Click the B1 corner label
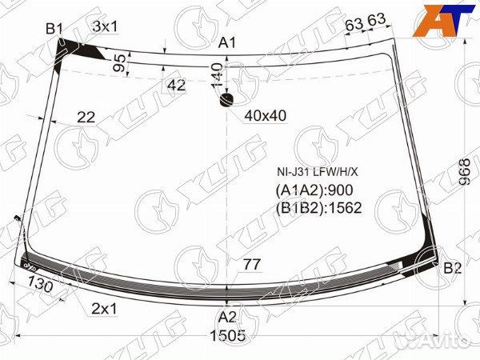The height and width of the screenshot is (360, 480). click(x=54, y=29)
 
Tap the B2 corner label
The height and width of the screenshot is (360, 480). click(x=453, y=268)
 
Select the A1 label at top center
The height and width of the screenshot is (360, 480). click(x=227, y=42)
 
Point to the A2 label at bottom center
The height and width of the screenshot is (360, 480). click(x=227, y=318)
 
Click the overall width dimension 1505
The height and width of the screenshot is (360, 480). click(x=228, y=335)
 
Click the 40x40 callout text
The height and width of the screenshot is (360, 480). click(x=266, y=116)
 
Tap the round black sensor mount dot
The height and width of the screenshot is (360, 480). click(x=227, y=100)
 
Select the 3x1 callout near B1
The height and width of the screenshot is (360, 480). click(x=105, y=26)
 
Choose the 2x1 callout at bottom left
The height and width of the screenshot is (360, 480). click(x=104, y=309)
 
